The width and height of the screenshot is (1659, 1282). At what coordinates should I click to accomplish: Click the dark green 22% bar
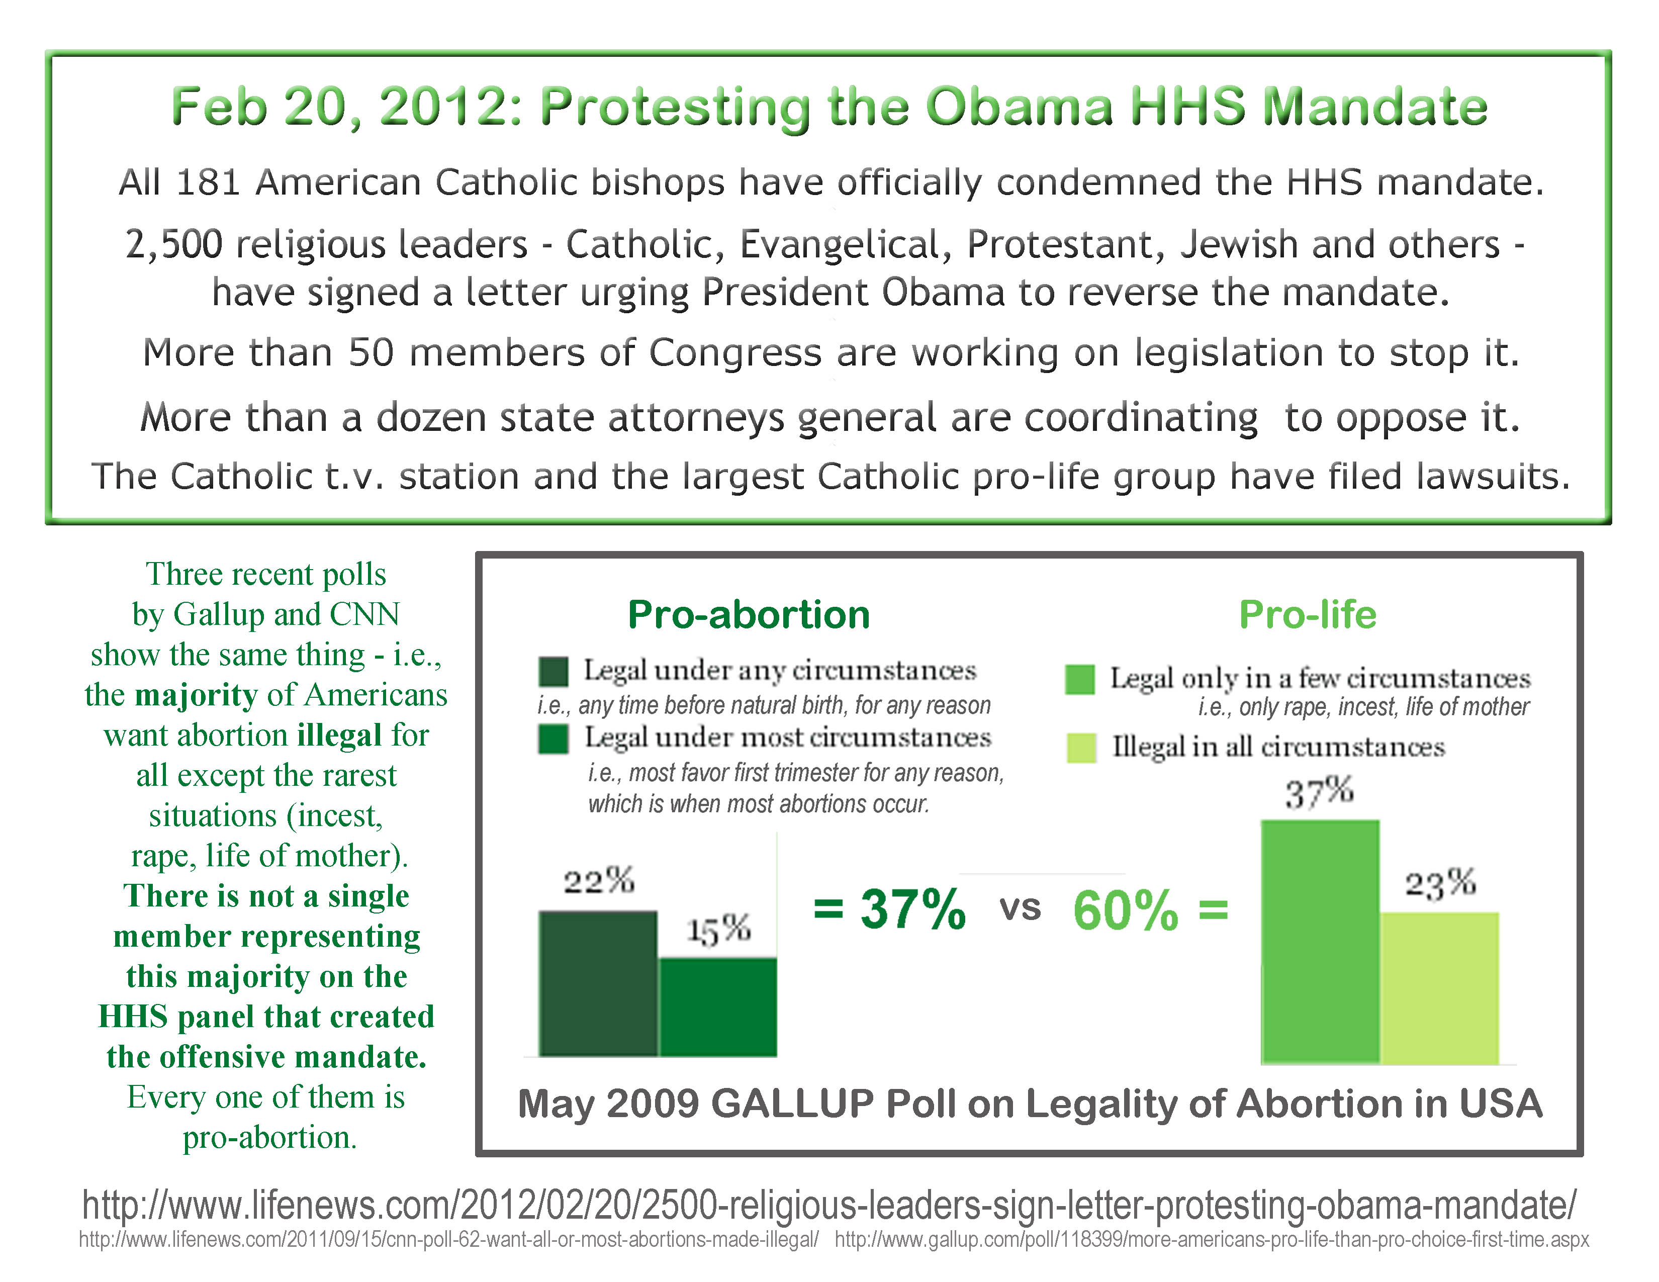[598, 983]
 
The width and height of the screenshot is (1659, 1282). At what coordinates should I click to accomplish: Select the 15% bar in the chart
[718, 1006]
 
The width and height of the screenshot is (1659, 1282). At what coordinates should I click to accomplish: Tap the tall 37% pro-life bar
[1320, 942]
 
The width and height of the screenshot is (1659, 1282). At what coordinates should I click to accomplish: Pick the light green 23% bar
[1439, 987]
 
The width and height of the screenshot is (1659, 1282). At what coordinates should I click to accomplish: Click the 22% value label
[599, 881]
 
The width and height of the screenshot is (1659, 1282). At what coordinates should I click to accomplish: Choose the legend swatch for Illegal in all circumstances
[1081, 747]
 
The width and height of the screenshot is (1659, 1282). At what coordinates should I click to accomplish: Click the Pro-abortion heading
[748, 614]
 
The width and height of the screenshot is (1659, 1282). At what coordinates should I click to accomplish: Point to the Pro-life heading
[1307, 614]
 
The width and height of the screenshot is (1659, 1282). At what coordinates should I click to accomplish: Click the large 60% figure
[1125, 910]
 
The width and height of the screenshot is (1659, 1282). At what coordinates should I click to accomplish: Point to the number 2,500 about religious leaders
[174, 244]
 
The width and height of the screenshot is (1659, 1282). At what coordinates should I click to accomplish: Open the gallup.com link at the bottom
[1212, 1239]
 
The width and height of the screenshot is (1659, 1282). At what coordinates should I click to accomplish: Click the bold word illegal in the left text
[339, 735]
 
